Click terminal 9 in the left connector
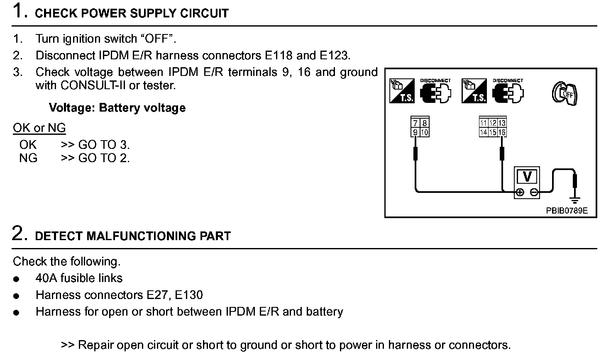pos(415,133)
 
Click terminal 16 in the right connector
pos(502,133)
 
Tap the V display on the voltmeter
pos(527,177)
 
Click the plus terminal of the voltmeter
pos(519,192)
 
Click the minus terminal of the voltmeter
pos(534,192)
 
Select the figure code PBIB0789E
pos(567,210)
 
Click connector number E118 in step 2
pos(279,55)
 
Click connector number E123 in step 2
pos(335,55)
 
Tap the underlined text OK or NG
pos(39,128)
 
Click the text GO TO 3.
pos(104,145)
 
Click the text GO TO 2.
pos(104,158)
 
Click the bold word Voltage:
pos(72,108)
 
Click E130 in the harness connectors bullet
pos(189,295)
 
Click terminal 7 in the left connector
pos(415,123)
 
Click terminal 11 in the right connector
pos(484,123)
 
